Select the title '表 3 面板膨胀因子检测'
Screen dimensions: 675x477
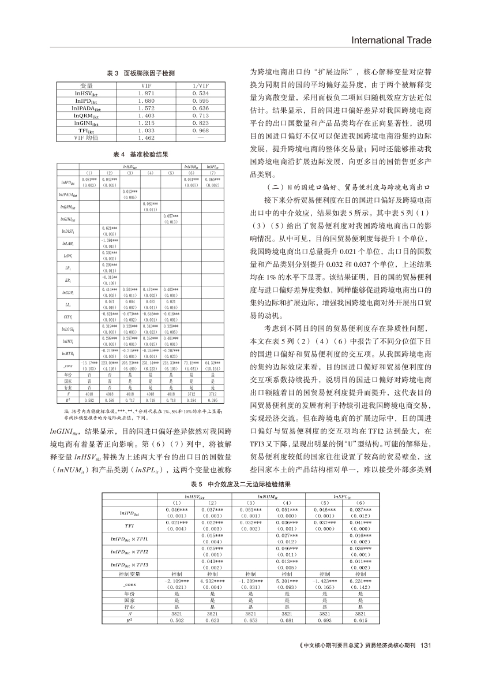[141, 73]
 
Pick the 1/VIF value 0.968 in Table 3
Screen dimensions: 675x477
[201, 131]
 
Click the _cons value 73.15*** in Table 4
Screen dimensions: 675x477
[191, 363]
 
